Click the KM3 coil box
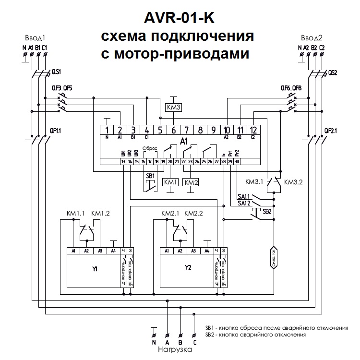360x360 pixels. (173, 108)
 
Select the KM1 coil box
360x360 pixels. (171, 182)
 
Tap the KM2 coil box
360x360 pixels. (191, 182)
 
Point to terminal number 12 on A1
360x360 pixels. (253, 130)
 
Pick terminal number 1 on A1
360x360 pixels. (107, 130)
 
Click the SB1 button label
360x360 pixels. (150, 175)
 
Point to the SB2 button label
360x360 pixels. (267, 211)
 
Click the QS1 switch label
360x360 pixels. (56, 72)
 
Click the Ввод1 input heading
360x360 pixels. (35, 37)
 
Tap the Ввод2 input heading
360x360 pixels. (312, 37)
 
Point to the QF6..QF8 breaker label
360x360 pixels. (291, 88)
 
